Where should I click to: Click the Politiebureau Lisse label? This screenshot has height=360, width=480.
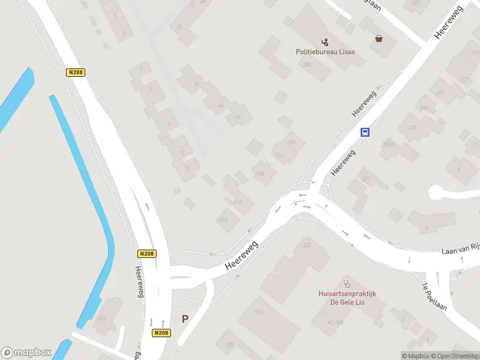click(x=325, y=52)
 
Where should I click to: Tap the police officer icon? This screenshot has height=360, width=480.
click(x=325, y=42)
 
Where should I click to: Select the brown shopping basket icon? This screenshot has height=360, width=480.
click(x=379, y=39)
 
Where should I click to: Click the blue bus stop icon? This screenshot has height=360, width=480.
click(x=364, y=133)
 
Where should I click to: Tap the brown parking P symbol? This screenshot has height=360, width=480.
click(x=185, y=320)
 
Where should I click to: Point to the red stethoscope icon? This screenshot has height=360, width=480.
click(x=346, y=283)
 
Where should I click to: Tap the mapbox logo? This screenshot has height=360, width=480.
click(x=26, y=352)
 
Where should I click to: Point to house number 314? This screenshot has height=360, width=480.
click(x=260, y=174)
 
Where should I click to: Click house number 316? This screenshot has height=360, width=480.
click(x=238, y=202)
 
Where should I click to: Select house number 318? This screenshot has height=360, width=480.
click(x=223, y=220)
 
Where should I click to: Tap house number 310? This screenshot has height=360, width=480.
click(x=292, y=142)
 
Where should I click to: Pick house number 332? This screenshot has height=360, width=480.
click(x=259, y=311)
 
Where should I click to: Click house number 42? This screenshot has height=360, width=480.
click(x=239, y=116)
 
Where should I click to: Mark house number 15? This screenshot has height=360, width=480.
click(x=187, y=167)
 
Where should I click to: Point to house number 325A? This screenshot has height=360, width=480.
click(x=388, y=144)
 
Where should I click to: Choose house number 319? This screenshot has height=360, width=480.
click(x=440, y=92)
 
